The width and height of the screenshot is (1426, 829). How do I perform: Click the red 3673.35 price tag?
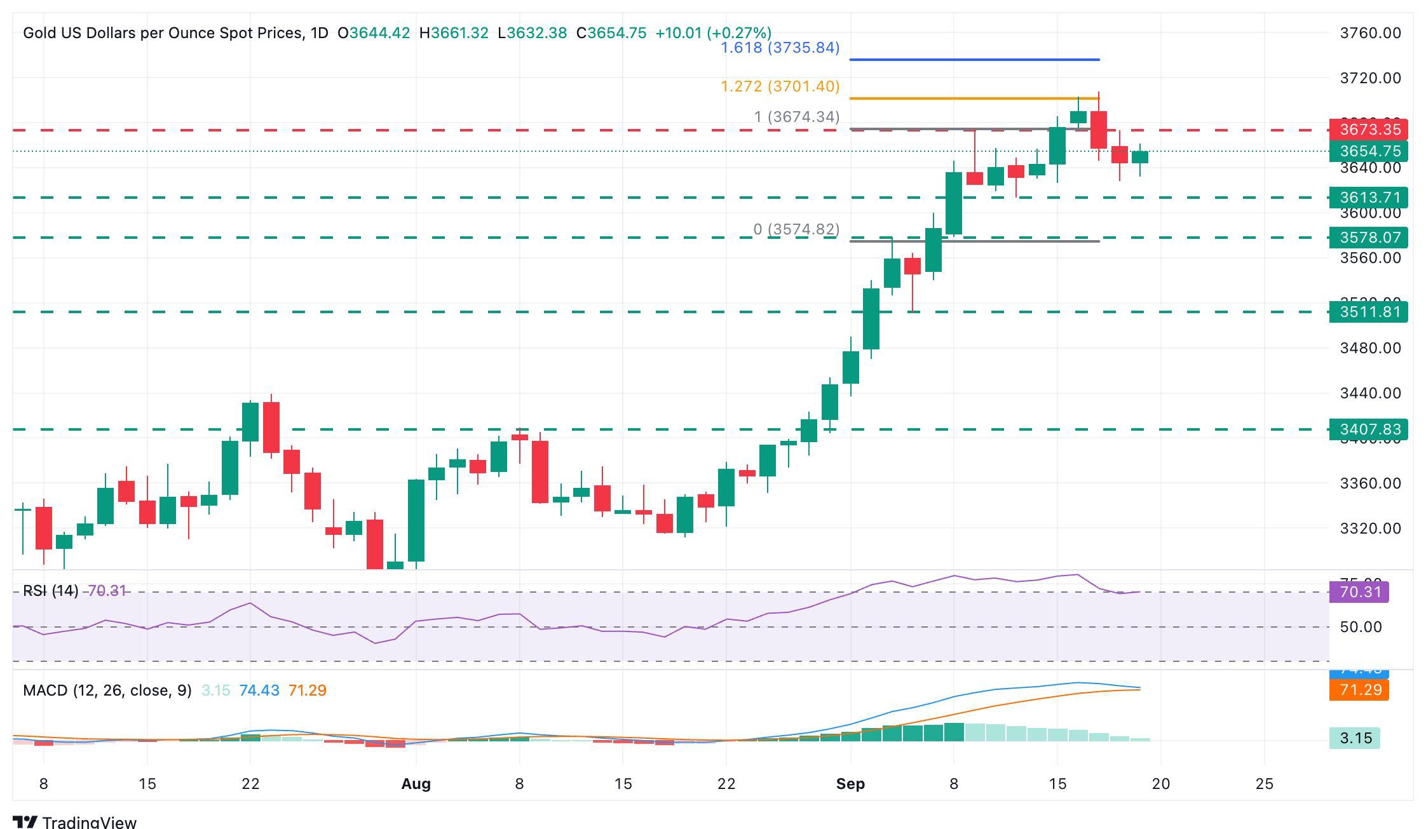1368,130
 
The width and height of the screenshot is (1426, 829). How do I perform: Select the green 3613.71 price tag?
1368,197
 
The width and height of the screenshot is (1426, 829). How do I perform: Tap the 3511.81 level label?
1368,312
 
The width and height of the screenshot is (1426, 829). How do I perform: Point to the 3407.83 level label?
1368,429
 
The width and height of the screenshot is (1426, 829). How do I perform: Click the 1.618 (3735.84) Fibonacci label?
780,48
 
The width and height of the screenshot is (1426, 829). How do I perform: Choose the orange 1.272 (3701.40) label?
780,86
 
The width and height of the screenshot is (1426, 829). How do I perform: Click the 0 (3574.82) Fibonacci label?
796,229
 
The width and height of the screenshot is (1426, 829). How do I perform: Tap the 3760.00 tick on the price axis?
1370,33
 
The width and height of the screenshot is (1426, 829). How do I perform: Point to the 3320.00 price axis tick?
1370,529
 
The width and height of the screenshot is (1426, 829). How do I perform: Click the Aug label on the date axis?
416,784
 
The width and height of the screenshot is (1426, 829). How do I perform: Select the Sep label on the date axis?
850,784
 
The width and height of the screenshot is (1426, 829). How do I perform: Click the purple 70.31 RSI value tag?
1359,592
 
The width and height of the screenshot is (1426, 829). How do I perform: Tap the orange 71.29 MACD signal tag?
1359,690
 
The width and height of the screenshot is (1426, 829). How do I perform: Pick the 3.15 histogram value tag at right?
1355,738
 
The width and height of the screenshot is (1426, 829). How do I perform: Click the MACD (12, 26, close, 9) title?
107,691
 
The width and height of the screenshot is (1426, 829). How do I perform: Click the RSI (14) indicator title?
50,591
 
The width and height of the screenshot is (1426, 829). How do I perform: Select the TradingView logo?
74,821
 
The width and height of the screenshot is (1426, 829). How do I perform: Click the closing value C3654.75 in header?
611,33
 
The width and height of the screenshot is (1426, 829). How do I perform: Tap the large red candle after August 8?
540,471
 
